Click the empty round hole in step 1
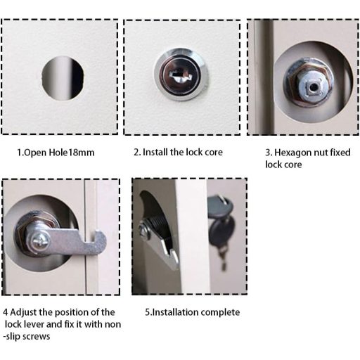(63, 79)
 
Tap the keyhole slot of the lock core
(180, 77)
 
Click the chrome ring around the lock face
(181, 75)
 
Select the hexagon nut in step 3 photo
(307, 83)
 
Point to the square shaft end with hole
(313, 87)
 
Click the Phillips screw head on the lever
(41, 240)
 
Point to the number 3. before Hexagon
(269, 153)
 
